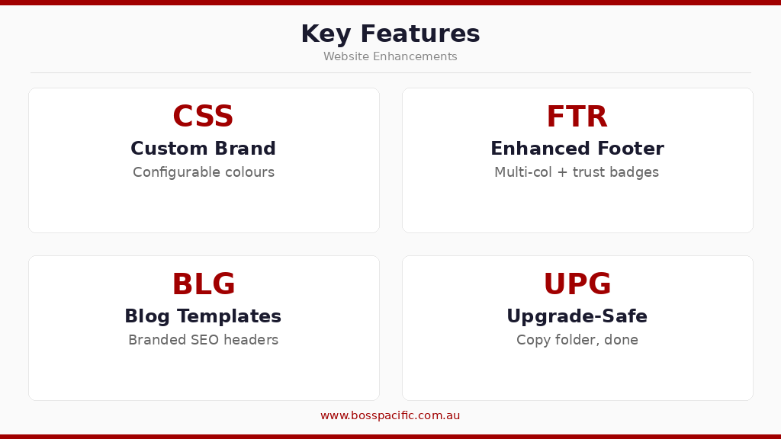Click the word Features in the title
[x=419, y=34]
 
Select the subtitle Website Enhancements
[x=390, y=57]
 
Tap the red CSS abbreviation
[x=203, y=117]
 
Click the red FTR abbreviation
[x=577, y=117]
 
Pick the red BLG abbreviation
[x=203, y=285]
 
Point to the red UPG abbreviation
[x=577, y=285]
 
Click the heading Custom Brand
[x=203, y=149]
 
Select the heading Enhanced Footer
[x=577, y=149]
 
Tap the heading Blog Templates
[x=203, y=317]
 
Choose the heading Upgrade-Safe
[x=577, y=317]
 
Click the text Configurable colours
[x=203, y=172]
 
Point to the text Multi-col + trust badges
[x=577, y=172]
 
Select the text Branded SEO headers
[x=203, y=340]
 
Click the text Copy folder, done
[x=577, y=340]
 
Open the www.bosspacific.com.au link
[x=390, y=416]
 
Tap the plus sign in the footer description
[x=562, y=173]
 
